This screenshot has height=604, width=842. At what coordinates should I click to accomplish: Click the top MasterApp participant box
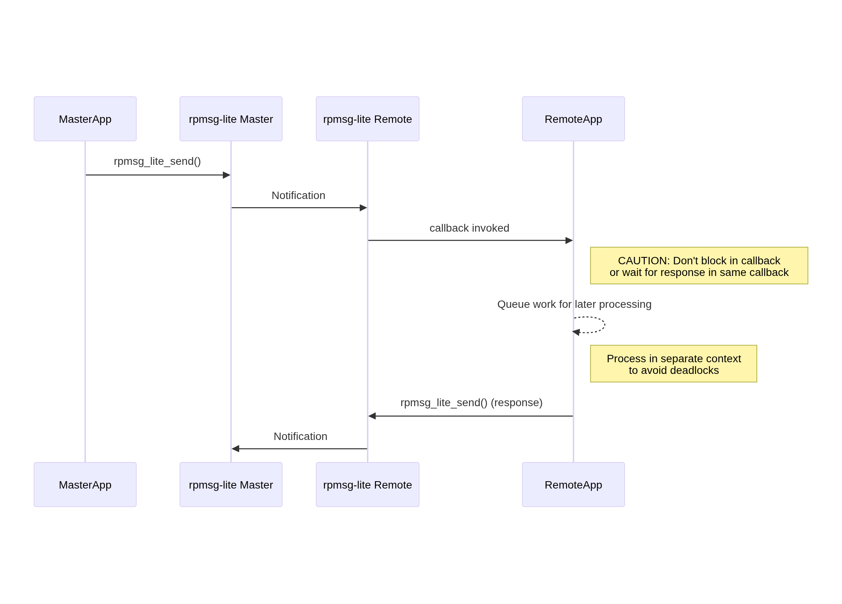85,119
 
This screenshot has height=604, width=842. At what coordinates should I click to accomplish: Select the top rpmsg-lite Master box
231,119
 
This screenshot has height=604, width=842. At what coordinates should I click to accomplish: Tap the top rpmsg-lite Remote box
367,119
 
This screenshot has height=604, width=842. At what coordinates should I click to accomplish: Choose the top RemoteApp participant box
573,119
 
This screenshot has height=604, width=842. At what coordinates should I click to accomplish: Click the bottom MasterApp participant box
85,484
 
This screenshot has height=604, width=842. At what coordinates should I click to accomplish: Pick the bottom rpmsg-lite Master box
231,484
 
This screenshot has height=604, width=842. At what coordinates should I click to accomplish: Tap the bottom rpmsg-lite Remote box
367,484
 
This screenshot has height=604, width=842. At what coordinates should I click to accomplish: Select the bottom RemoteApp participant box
573,484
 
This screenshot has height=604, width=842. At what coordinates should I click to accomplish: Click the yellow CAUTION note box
698,266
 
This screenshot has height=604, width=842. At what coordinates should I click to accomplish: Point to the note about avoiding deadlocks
673,364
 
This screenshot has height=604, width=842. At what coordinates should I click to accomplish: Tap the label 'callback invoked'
469,228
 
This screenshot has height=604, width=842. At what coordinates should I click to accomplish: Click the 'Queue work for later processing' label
574,304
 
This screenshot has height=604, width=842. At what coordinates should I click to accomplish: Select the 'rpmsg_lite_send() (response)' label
471,403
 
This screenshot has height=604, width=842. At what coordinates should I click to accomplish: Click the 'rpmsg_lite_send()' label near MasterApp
157,161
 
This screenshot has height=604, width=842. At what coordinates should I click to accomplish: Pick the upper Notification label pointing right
298,196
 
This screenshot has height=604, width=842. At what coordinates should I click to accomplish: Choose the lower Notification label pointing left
300,436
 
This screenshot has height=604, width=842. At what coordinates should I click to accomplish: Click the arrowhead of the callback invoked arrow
569,241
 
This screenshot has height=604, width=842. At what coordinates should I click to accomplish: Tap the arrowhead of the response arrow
372,416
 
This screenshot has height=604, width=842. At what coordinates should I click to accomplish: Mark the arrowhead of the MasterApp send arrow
226,175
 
